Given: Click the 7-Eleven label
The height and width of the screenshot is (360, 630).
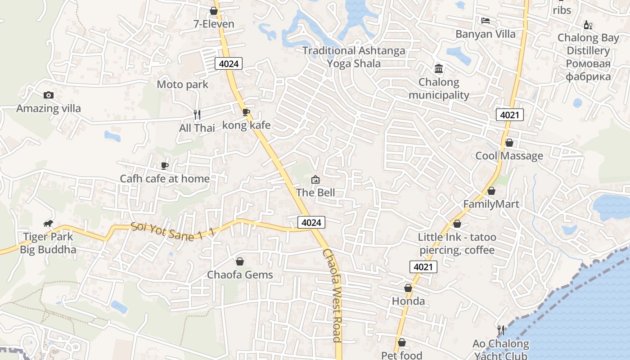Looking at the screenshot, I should [x=214, y=24].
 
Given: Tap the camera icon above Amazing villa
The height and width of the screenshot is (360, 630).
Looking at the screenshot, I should [x=49, y=95].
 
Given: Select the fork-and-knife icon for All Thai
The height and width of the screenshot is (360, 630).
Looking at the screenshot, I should [x=197, y=115].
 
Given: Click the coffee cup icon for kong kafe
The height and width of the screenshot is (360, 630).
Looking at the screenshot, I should [x=246, y=112].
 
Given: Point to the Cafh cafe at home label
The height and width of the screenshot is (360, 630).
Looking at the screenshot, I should [x=165, y=179].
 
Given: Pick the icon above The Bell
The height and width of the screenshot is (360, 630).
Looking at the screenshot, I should [x=315, y=180].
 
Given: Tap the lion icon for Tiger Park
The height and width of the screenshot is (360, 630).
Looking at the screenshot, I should [x=48, y=224].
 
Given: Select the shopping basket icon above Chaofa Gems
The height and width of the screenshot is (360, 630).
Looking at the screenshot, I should [x=240, y=261].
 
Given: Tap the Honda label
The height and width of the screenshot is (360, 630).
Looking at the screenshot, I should [x=408, y=301].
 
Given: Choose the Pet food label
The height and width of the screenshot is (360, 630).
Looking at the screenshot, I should [x=401, y=355].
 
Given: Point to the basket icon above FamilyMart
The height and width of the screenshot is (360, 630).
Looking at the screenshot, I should [x=491, y=191].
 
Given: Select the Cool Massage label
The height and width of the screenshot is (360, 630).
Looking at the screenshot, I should [x=509, y=156].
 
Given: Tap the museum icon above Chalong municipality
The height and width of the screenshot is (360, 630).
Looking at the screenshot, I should [x=438, y=69].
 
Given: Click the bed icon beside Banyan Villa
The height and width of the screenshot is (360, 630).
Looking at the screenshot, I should [x=485, y=21].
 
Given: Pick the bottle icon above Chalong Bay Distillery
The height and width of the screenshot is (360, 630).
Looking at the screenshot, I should [x=588, y=25].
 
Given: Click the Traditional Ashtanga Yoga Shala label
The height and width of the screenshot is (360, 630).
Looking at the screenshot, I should [x=354, y=57].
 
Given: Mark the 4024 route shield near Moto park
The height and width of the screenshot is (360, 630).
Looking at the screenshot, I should [x=229, y=63].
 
